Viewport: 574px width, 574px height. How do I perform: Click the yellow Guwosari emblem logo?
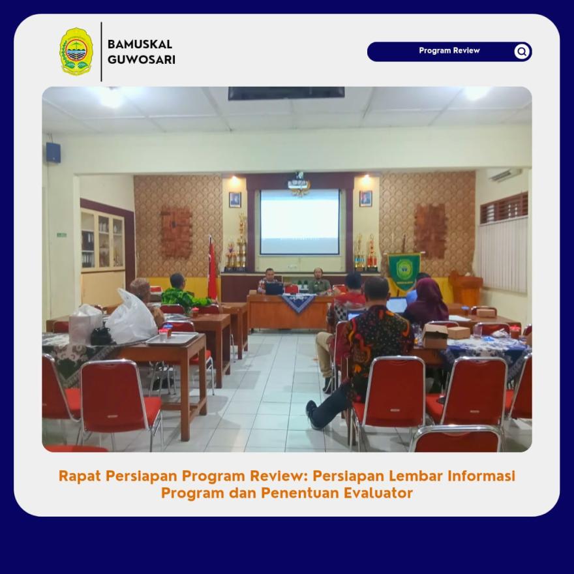tap(76, 52)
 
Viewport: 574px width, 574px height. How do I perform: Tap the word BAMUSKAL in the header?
tap(140, 44)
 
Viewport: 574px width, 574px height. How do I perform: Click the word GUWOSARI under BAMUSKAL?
tap(142, 59)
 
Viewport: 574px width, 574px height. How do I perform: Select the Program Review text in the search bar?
tap(449, 50)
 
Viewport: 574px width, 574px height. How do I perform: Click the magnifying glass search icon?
tap(522, 52)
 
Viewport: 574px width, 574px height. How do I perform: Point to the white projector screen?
tap(300, 222)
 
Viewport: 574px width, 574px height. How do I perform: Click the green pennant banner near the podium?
tap(404, 271)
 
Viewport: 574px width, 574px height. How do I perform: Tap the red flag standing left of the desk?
tap(212, 268)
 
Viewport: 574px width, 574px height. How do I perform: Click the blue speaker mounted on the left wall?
tap(53, 152)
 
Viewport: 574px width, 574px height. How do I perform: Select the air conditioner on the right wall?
tap(506, 175)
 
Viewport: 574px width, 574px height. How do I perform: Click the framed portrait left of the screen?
tap(235, 200)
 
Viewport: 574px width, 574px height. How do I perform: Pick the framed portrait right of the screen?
tap(365, 199)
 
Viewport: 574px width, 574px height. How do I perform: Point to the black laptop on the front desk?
tap(274, 288)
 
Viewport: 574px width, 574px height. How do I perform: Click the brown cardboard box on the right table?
tap(435, 336)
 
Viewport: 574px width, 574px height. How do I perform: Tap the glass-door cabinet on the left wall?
tap(103, 240)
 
